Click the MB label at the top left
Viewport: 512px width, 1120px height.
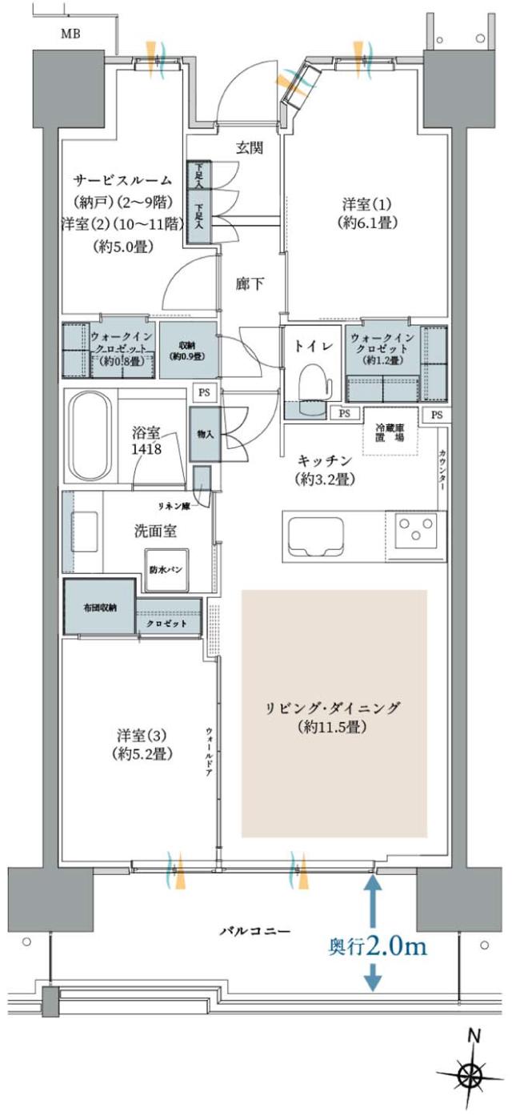click(73, 34)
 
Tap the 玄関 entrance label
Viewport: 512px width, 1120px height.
click(250, 147)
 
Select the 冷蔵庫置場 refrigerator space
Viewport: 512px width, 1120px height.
click(390, 432)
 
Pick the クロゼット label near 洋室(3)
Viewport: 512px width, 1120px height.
click(167, 624)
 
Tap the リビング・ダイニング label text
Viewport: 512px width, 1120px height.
click(334, 709)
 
